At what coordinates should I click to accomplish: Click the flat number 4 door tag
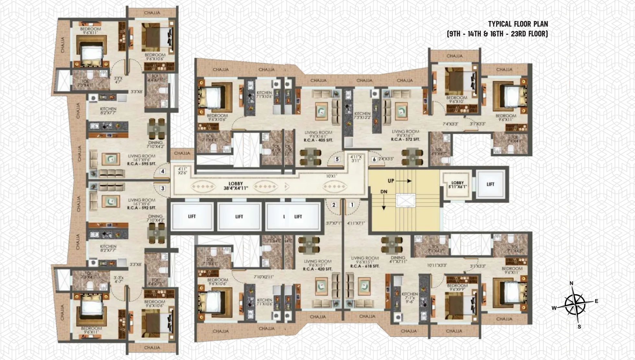pyautogui.click(x=163, y=171)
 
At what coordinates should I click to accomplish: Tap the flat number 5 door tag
pyautogui.click(x=337, y=159)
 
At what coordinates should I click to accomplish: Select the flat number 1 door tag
pyautogui.click(x=352, y=205)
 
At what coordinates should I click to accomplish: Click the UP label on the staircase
pyautogui.click(x=391, y=181)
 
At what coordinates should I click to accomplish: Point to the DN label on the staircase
pyautogui.click(x=384, y=192)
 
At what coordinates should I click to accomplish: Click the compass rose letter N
pyautogui.click(x=571, y=284)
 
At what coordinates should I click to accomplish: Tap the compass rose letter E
pyautogui.click(x=596, y=301)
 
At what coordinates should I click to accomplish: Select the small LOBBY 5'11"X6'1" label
pyautogui.click(x=457, y=185)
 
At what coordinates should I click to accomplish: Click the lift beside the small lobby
pyautogui.click(x=490, y=184)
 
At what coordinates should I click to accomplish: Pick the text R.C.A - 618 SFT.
pyautogui.click(x=365, y=266)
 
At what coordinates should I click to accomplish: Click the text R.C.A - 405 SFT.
pyautogui.click(x=318, y=141)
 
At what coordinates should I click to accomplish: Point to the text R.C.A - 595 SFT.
pyautogui.click(x=142, y=164)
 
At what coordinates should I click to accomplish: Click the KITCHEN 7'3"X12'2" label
pyautogui.click(x=362, y=116)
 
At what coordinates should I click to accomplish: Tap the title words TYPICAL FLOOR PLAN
pyautogui.click(x=518, y=24)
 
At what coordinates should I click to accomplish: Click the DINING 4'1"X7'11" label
pyautogui.click(x=398, y=260)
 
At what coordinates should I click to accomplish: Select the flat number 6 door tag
pyautogui.click(x=374, y=159)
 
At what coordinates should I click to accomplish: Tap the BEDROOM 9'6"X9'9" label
pyautogui.click(x=457, y=288)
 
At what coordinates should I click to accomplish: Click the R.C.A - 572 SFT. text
pyautogui.click(x=405, y=139)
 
